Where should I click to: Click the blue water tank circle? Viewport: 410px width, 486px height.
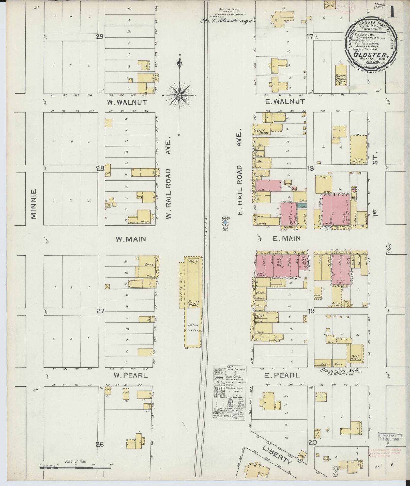225,223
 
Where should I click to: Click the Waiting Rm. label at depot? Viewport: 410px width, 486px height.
193,262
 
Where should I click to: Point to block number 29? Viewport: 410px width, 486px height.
99,37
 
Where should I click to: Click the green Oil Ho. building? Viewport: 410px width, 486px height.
302,207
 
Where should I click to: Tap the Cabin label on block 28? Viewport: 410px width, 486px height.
108,174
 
